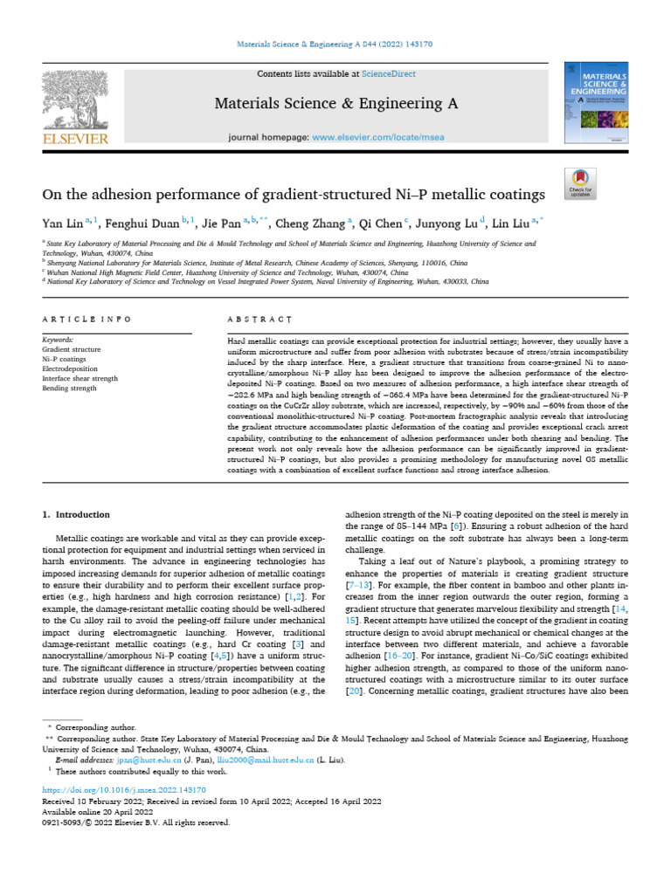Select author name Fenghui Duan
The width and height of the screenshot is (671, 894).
(x=141, y=223)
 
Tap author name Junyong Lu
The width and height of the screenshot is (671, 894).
(x=451, y=223)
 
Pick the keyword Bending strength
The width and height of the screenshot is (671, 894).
(x=70, y=387)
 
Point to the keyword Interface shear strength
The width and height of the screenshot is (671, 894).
(x=80, y=377)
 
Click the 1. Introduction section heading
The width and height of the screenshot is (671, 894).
(x=77, y=514)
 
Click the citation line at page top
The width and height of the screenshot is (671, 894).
(x=335, y=43)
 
